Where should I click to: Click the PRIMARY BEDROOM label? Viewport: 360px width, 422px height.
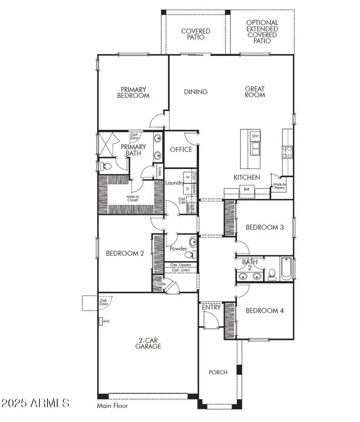pyautogui.click(x=133, y=92)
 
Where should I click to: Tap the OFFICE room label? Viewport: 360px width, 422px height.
pyautogui.click(x=181, y=149)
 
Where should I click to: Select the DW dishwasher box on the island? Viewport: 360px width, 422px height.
pyautogui.click(x=255, y=136)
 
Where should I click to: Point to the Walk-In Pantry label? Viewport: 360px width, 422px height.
pyautogui.click(x=279, y=186)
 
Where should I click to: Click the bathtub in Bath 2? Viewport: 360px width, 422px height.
pyautogui.click(x=286, y=269)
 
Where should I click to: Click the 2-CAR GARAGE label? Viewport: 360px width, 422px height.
pyautogui.click(x=148, y=343)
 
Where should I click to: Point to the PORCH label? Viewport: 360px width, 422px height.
pyautogui.click(x=218, y=372)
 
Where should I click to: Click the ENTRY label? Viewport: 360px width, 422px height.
pyautogui.click(x=211, y=307)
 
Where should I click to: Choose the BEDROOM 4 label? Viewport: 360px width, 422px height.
pyautogui.click(x=264, y=311)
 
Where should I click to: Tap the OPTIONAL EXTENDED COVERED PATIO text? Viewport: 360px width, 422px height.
pyautogui.click(x=262, y=32)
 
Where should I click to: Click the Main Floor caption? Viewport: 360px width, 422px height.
pyautogui.click(x=112, y=406)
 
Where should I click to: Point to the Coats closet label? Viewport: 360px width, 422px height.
pyautogui.click(x=160, y=284)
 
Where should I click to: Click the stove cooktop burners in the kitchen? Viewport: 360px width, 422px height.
pyautogui.click(x=288, y=151)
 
